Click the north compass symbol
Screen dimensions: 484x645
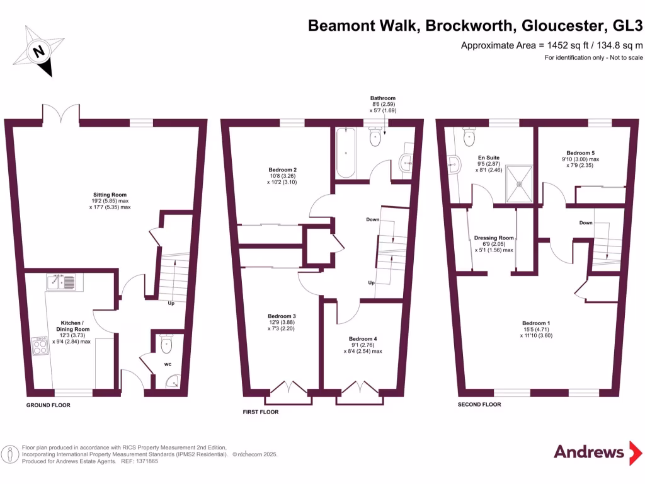click(40, 51)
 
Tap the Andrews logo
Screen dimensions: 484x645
click(589, 452)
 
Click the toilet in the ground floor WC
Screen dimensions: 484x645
click(166, 343)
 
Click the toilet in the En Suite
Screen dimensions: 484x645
click(469, 136)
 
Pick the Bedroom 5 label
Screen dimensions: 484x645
click(580, 153)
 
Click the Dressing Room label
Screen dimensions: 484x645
click(494, 238)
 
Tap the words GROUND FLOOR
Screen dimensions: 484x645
click(49, 405)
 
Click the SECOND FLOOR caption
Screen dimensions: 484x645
click(479, 404)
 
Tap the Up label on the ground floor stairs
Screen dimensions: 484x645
click(171, 303)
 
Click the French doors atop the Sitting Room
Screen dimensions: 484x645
click(61, 113)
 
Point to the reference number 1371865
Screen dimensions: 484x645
click(145, 461)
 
